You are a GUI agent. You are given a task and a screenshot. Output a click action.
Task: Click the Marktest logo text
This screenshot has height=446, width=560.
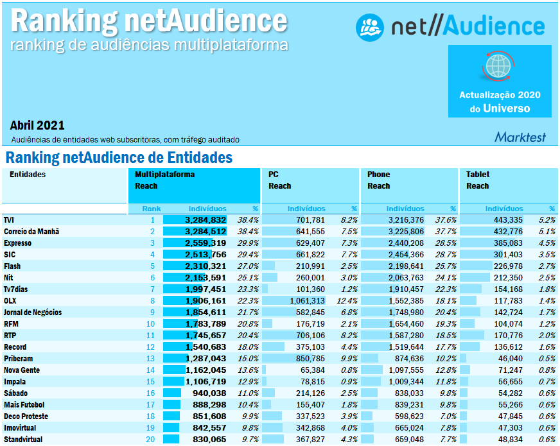(x=520, y=137)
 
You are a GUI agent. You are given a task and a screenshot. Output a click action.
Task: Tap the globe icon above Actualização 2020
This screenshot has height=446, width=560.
(x=500, y=65)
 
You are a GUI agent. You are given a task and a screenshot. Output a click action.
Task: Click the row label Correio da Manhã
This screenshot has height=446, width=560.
(x=31, y=232)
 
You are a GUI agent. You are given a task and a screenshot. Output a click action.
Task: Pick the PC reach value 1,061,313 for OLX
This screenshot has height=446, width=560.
(x=304, y=301)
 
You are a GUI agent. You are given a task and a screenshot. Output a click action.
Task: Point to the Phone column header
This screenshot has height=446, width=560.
(x=378, y=175)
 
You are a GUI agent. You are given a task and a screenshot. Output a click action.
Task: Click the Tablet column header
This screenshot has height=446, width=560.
(x=477, y=175)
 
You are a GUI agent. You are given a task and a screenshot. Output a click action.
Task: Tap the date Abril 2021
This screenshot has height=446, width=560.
(x=37, y=125)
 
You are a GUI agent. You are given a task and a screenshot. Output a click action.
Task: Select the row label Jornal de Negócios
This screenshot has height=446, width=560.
(x=33, y=313)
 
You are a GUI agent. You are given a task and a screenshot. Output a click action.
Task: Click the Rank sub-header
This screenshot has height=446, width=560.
(x=152, y=209)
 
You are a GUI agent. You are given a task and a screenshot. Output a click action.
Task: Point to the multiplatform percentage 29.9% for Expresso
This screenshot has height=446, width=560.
(x=248, y=243)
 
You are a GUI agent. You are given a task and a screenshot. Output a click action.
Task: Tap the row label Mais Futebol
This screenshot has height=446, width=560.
(x=24, y=405)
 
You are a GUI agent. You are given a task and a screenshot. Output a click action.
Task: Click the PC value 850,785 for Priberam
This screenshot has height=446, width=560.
(x=306, y=359)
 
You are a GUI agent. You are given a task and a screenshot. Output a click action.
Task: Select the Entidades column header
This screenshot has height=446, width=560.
(x=28, y=175)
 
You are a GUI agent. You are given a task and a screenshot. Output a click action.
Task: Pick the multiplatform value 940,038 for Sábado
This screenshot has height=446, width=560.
(x=206, y=393)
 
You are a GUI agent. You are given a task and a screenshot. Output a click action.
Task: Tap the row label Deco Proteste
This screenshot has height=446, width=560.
(x=26, y=416)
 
